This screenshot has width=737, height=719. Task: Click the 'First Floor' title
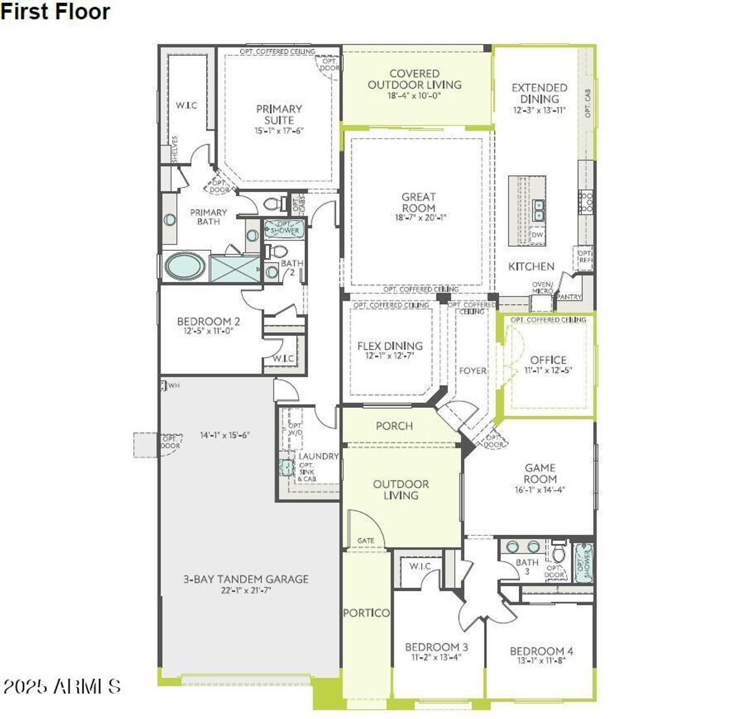[x=55, y=12]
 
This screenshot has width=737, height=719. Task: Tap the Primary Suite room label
[x=279, y=114]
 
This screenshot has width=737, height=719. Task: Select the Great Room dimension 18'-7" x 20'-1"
[x=419, y=217]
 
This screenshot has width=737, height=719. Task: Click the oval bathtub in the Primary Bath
[x=184, y=267]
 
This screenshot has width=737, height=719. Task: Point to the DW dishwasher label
[x=537, y=235]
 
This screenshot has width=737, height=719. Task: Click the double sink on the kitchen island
[x=539, y=210]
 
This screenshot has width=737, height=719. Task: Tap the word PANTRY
[x=569, y=297]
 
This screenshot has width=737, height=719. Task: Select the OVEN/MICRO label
[x=542, y=288]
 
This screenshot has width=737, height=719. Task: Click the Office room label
[x=548, y=360]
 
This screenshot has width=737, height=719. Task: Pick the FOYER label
[x=472, y=371]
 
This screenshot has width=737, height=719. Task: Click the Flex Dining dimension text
[x=390, y=356]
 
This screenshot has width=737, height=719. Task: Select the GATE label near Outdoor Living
[x=366, y=541]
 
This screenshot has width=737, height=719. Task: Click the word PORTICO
[x=366, y=613]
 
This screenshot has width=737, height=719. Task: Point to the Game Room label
[x=540, y=473]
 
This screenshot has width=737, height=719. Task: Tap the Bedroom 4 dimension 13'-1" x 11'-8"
[x=541, y=661]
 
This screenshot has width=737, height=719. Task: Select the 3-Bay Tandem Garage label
[x=246, y=579]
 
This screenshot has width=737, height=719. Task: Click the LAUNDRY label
[x=318, y=456]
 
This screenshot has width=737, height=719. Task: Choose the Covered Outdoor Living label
[x=415, y=79]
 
